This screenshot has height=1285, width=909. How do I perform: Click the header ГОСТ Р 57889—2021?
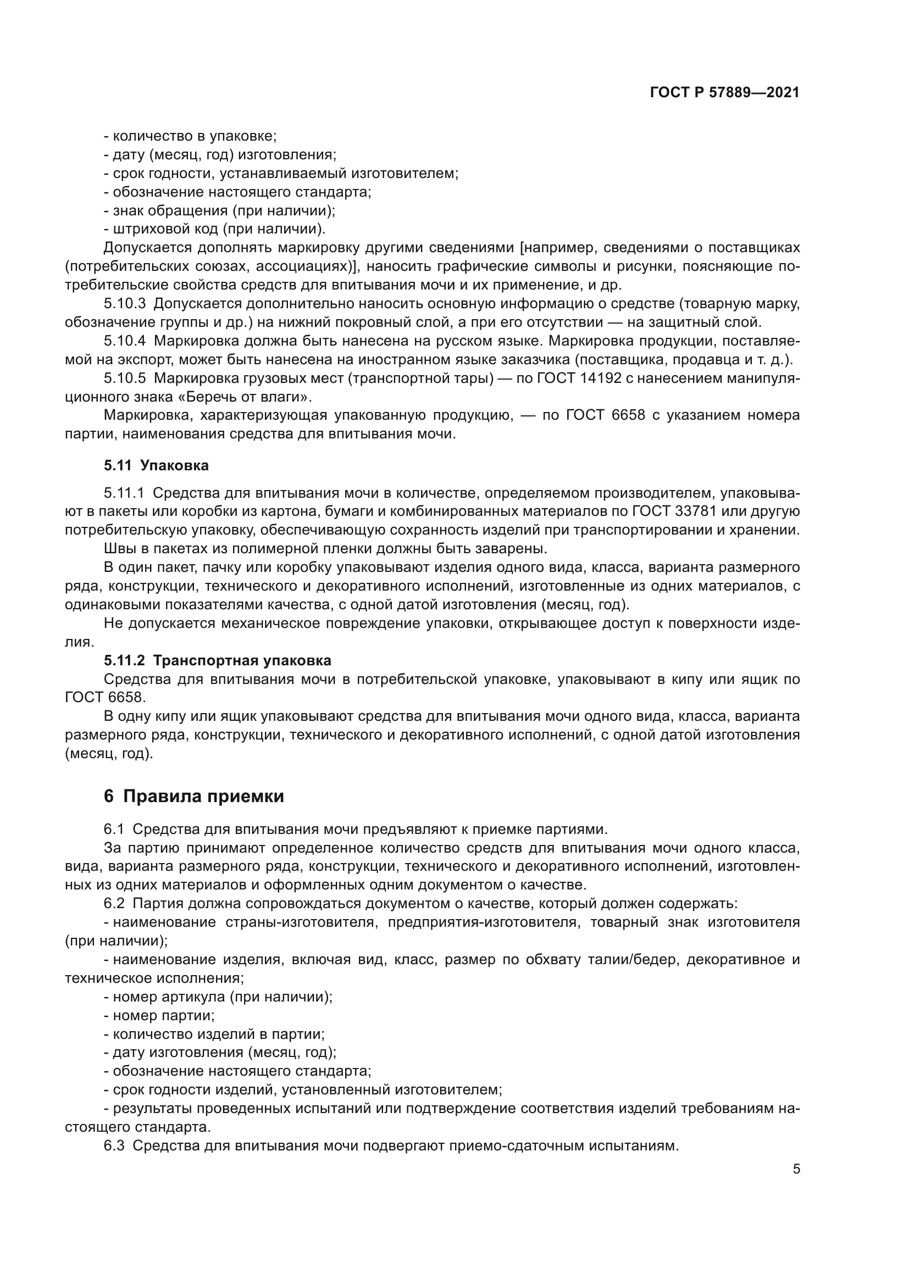724,93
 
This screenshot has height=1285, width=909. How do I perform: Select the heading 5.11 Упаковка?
156,465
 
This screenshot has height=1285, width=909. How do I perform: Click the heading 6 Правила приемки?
193,796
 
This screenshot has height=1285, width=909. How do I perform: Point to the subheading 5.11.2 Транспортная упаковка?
217,660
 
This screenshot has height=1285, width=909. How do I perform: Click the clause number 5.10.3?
124,304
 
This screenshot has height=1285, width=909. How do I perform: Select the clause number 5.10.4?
124,341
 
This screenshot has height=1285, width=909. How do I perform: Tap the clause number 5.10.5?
124,379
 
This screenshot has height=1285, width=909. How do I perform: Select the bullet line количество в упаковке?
190,136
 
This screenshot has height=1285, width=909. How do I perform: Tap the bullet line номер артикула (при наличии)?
218,997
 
